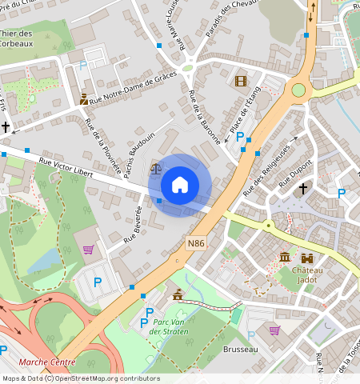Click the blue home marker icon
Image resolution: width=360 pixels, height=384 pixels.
tap(180, 185)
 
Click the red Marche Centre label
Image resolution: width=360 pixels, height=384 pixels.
tap(47, 362)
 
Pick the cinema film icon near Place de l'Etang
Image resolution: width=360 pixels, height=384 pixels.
tap(241, 80)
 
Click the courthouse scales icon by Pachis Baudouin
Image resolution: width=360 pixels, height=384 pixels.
tap(156, 168)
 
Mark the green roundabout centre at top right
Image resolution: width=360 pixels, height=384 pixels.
tap(298, 90)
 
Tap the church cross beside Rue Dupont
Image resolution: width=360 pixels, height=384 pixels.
tap(303, 189)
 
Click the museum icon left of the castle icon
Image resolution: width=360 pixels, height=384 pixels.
tap(286, 257)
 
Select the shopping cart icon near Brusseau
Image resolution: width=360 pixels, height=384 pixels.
tap(274, 330)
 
